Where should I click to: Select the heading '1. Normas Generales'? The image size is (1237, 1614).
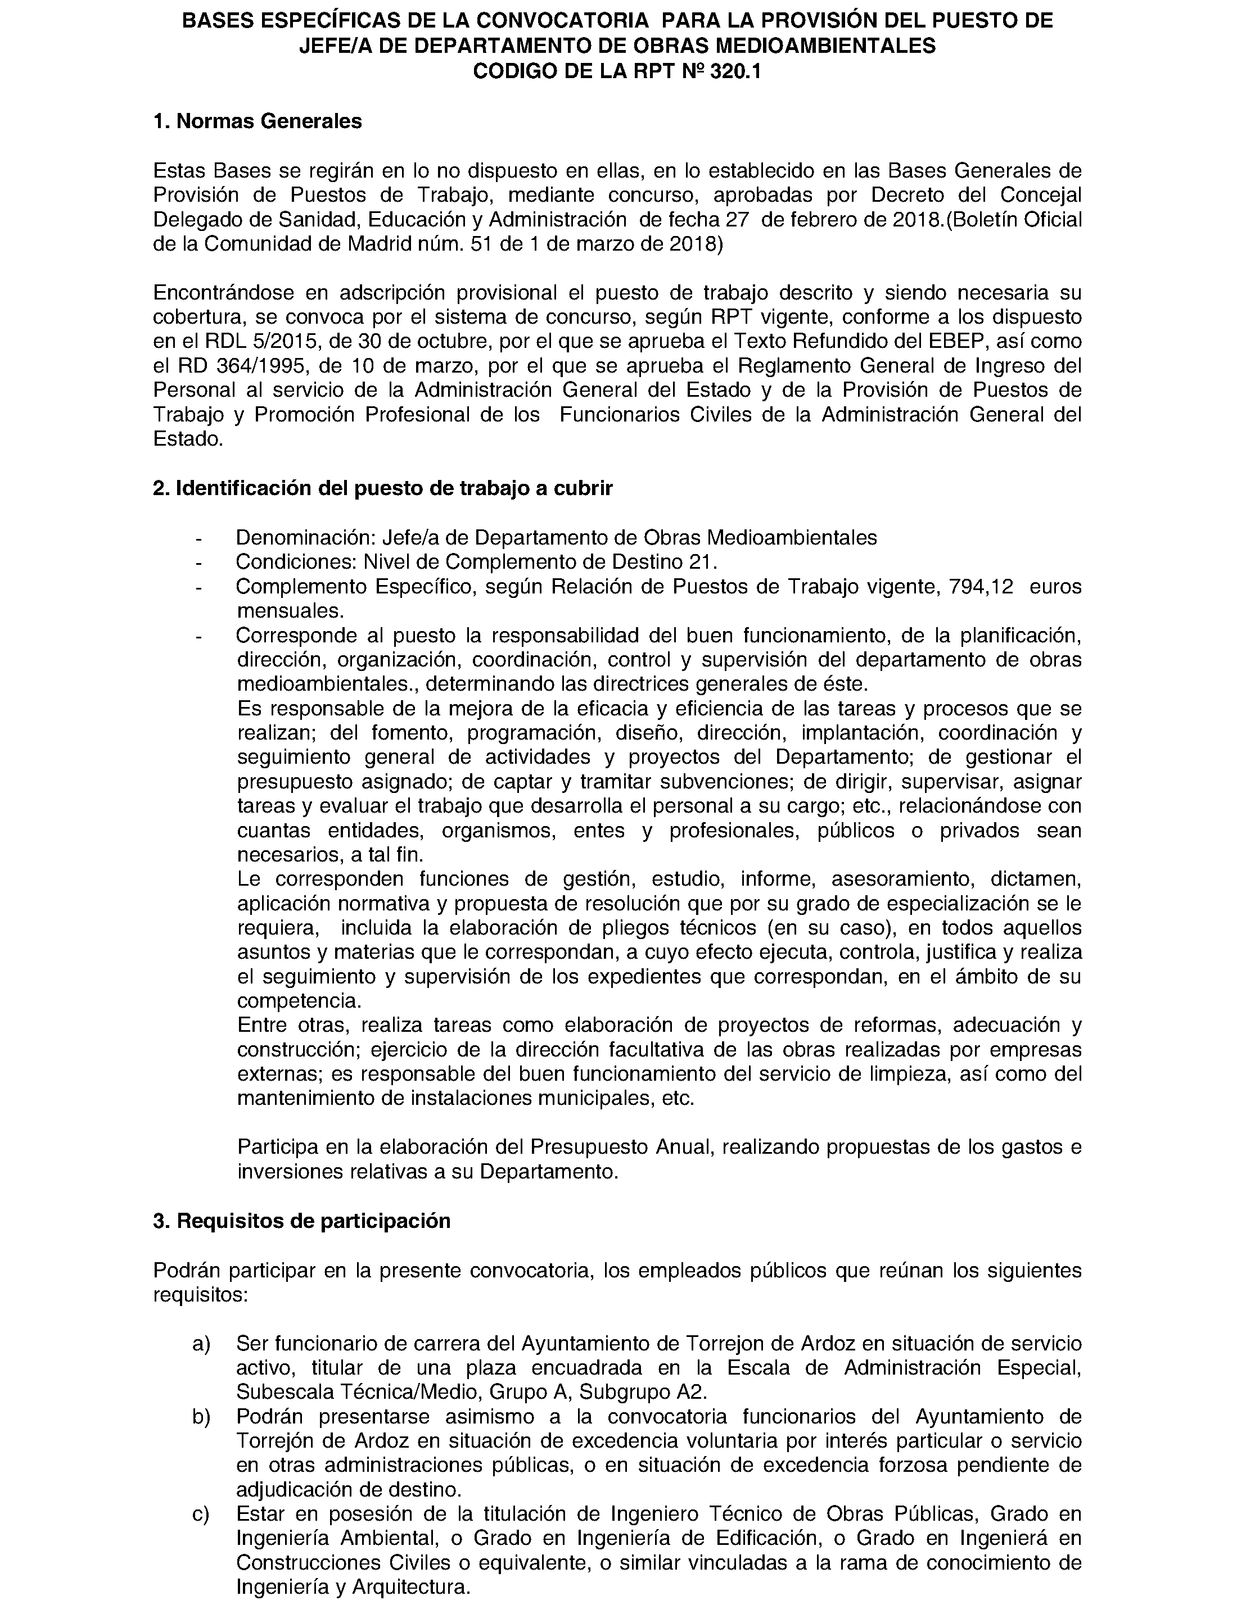257,121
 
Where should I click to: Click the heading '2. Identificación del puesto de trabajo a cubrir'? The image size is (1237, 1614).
382,489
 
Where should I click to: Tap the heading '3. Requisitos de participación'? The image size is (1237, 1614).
301,1221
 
